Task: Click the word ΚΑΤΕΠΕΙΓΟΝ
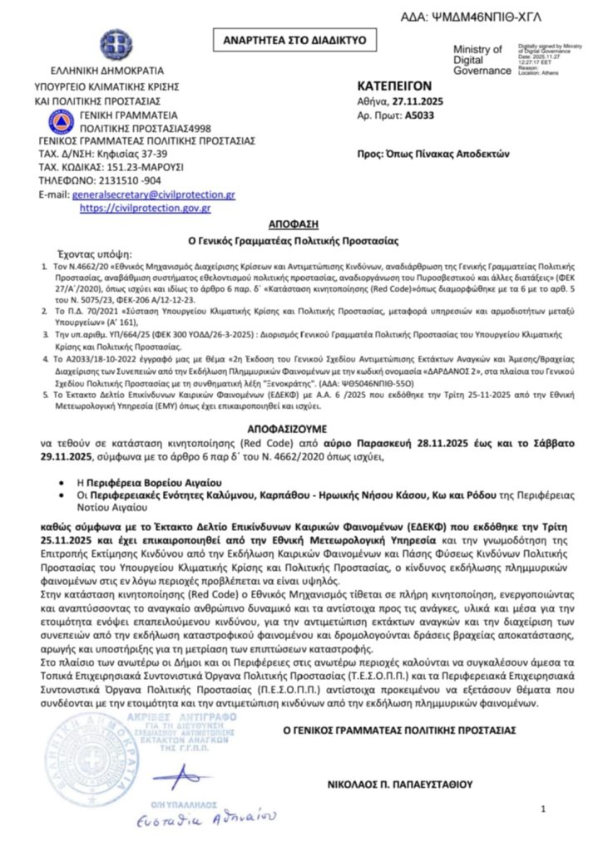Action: coord(395,86)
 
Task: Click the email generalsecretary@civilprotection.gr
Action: coord(154,194)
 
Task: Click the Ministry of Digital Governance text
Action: coord(477,60)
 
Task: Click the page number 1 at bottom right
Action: coord(543,809)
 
